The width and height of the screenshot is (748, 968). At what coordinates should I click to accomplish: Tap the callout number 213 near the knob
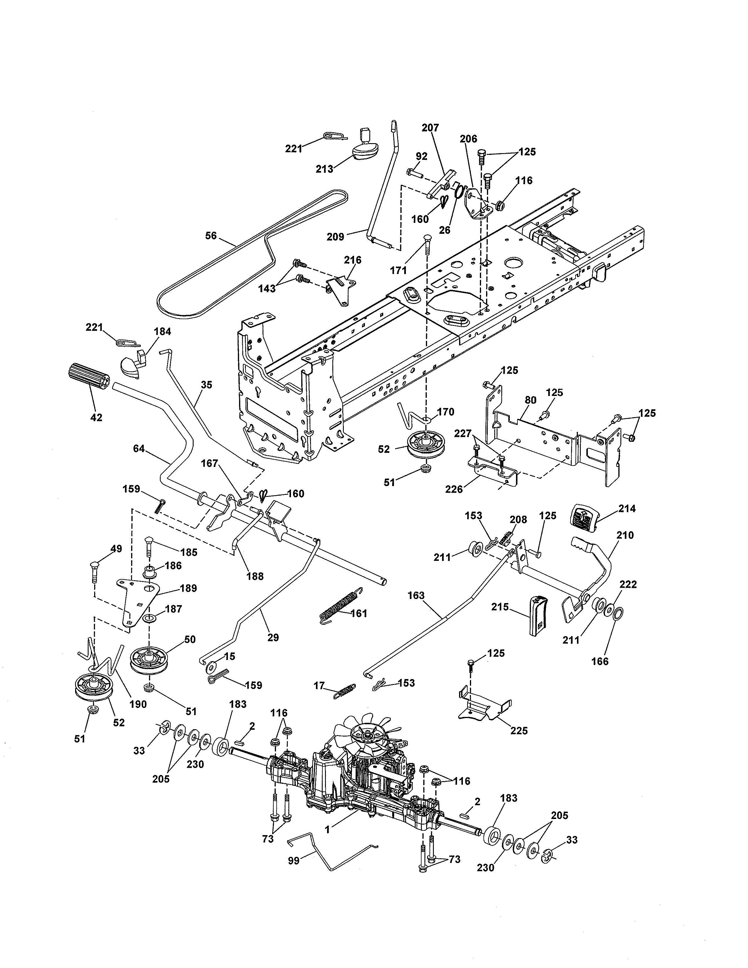tap(324, 169)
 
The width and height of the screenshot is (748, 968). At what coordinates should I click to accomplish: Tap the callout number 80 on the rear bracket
tap(530, 400)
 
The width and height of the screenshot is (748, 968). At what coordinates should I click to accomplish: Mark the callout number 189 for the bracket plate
tap(188, 588)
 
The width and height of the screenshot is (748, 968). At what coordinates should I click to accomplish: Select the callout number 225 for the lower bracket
tap(519, 730)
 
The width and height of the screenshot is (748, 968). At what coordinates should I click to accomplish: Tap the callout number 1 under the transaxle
tap(327, 829)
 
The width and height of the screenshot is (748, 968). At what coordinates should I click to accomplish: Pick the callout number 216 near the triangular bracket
tap(352, 260)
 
